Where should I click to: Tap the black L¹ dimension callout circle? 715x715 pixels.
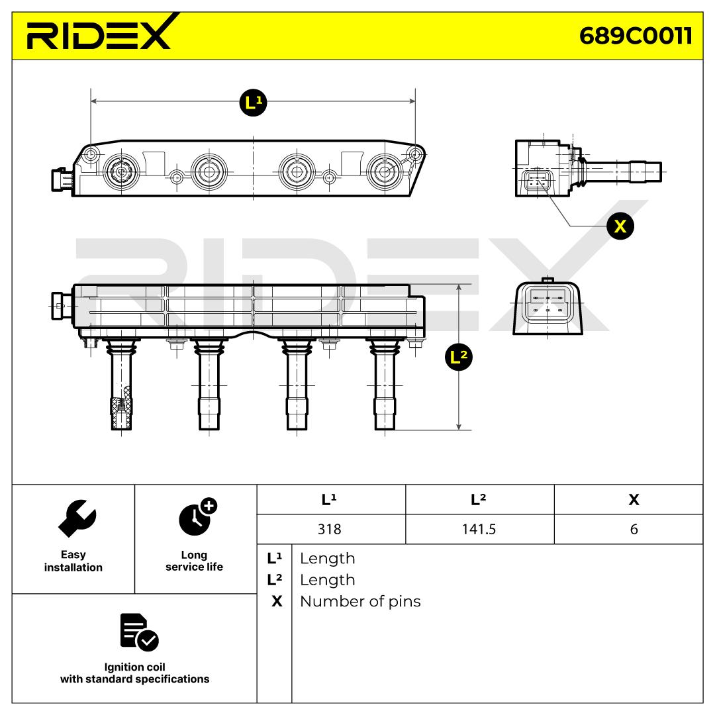tap(252, 102)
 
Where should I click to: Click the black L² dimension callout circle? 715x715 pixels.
tap(458, 358)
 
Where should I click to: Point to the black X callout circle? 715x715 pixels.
tap(620, 226)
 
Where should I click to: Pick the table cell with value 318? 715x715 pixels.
tap(330, 530)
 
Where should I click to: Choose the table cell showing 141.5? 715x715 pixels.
tap(479, 530)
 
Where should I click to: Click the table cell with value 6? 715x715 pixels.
tap(634, 530)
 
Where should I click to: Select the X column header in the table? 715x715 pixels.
tap(634, 500)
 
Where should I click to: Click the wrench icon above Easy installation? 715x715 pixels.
tap(77, 518)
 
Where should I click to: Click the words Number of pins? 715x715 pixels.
tap(360, 601)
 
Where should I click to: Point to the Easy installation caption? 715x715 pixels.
tap(73, 561)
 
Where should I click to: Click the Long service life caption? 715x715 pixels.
tap(194, 561)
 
